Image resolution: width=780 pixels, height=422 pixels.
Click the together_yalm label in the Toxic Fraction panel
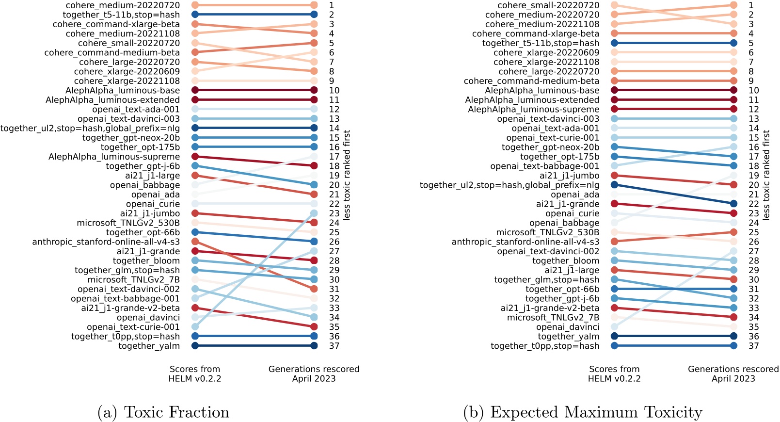(x=149, y=346)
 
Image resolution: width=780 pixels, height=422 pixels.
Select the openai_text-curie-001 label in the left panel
(x=133, y=327)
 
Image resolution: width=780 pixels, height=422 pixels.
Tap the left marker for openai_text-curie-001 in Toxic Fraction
(x=195, y=327)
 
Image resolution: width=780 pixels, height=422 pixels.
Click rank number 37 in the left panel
(x=334, y=346)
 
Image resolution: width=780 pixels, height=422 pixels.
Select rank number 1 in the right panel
(x=751, y=5)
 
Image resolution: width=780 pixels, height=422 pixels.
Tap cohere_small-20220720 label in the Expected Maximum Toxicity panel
(x=548, y=5)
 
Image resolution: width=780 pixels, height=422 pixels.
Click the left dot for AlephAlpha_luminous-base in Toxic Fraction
(x=195, y=90)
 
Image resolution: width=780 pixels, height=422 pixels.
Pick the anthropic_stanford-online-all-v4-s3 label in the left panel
(x=106, y=242)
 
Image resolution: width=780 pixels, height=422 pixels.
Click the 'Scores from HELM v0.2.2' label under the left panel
(x=195, y=373)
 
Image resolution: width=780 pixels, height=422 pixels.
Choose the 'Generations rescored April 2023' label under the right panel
(x=733, y=373)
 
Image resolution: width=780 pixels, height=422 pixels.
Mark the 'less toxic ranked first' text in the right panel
(x=766, y=175)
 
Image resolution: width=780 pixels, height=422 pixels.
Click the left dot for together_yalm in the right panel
(x=614, y=336)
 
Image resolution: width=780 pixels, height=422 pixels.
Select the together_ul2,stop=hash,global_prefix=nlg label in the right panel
(x=509, y=185)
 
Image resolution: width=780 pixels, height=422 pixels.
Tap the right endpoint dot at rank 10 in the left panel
(x=314, y=90)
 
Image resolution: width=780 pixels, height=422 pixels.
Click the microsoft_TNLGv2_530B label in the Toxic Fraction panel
(x=128, y=223)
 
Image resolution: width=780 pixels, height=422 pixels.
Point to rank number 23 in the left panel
(x=334, y=213)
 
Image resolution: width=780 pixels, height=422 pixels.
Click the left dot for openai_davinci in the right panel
(x=614, y=327)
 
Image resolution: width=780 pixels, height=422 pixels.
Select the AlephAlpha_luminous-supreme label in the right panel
(x=533, y=109)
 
